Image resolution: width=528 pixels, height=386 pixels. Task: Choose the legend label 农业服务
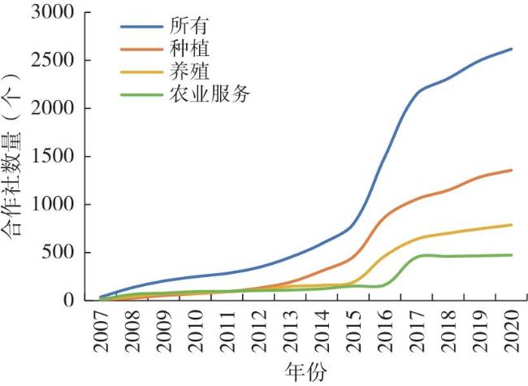210,94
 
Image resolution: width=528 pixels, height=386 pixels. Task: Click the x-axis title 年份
305,372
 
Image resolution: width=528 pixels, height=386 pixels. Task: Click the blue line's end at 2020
511,49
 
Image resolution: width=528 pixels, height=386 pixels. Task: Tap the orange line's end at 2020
511,170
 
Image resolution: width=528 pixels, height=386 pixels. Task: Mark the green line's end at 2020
511,255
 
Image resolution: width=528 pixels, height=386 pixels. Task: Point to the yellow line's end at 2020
511,224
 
